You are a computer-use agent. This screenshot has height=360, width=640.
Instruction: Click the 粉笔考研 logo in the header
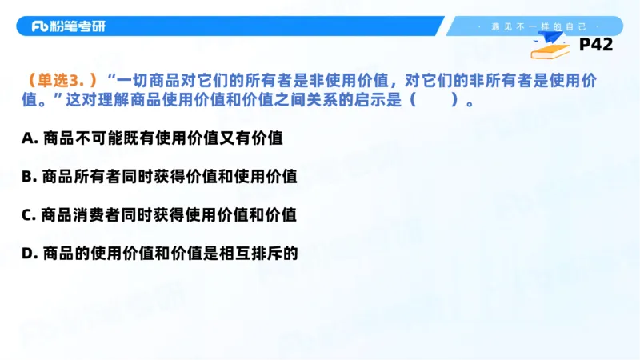68,26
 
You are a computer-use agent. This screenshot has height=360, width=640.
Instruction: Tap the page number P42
595,46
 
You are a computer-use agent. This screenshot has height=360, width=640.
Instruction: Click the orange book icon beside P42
552,50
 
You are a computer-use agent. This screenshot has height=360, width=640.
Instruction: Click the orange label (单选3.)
62,81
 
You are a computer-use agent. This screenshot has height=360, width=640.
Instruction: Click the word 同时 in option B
141,177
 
